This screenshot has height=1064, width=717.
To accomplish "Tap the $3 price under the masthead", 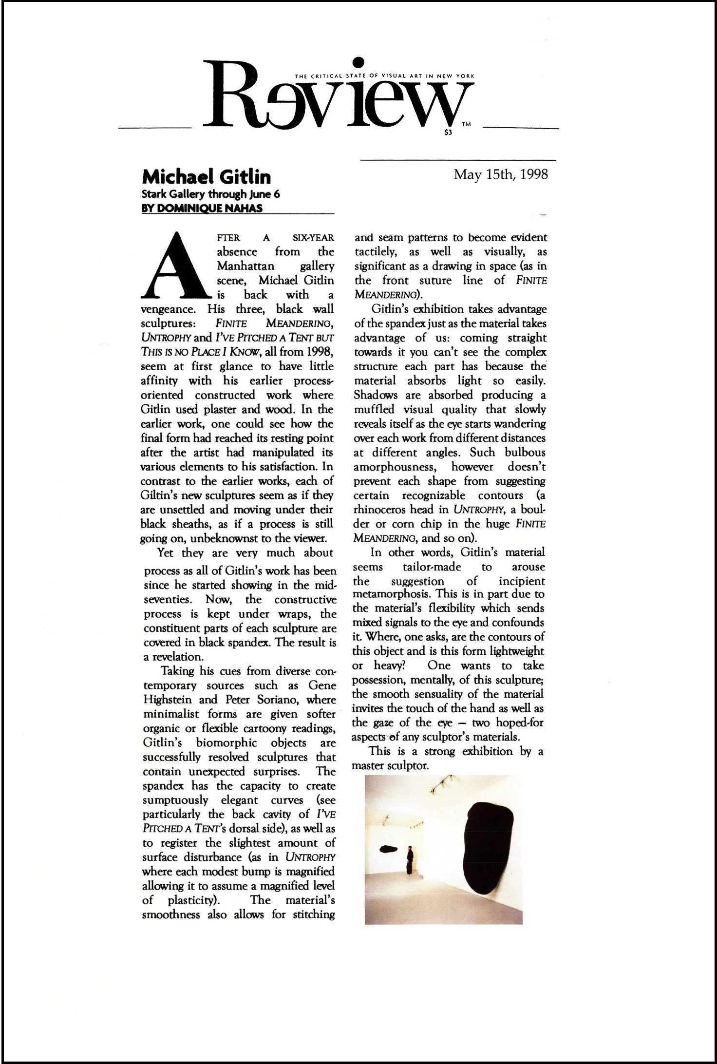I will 449,132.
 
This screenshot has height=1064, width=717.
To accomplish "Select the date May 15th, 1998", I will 501,174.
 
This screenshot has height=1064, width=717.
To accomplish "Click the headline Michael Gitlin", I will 206,176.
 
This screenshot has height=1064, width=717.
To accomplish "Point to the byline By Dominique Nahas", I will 202,209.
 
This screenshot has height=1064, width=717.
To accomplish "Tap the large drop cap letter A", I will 177,266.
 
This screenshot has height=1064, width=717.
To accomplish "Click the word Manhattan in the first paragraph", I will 245,266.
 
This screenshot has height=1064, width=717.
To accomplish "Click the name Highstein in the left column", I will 167,700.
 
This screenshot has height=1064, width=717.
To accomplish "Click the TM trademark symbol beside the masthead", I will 466,125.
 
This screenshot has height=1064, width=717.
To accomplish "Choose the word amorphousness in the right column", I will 394,467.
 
